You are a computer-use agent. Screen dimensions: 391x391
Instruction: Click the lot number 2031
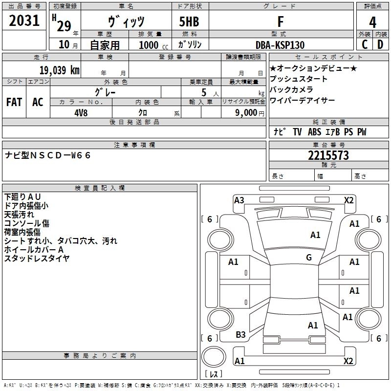[x=24, y=21]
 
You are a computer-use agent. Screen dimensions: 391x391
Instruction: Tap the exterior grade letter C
[x=364, y=44]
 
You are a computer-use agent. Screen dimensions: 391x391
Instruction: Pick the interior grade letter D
[x=380, y=44]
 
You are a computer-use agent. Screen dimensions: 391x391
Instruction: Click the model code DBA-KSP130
[x=280, y=45]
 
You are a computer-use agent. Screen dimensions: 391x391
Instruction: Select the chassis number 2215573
[x=328, y=155]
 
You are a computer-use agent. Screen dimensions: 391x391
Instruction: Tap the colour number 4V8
[x=81, y=112]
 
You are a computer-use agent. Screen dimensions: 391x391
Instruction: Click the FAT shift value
[x=14, y=102]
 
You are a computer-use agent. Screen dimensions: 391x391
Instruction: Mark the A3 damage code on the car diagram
[x=239, y=200]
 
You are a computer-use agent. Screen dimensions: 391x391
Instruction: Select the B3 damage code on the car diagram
[x=240, y=335]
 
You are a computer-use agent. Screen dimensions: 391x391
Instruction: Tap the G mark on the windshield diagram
[x=309, y=258]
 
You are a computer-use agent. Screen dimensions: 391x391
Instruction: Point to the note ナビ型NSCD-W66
[x=48, y=155]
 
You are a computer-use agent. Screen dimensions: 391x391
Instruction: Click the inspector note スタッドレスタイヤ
[x=37, y=258]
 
